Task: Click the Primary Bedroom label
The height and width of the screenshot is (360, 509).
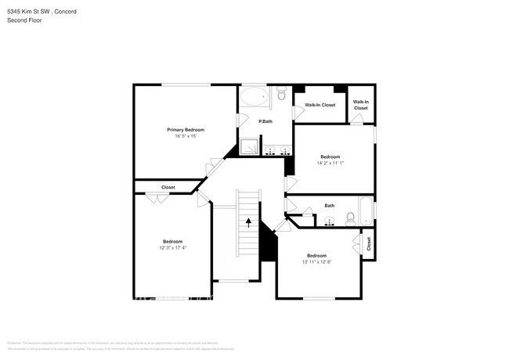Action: [186, 129]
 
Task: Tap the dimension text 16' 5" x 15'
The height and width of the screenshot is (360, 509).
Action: [186, 136]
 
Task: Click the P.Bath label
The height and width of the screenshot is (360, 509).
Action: [265, 121]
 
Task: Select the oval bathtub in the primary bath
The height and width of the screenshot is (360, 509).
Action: [253, 98]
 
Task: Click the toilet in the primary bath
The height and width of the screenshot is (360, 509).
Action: [283, 97]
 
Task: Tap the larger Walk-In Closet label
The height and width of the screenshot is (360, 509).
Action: [319, 105]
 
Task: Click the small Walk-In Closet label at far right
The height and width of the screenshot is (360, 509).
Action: [361, 105]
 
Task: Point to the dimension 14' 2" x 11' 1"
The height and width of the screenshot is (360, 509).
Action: [330, 163]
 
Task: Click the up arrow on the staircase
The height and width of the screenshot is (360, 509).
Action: [248, 222]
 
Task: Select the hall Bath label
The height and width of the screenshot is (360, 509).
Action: [329, 206]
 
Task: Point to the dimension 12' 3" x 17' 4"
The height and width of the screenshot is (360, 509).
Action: [172, 248]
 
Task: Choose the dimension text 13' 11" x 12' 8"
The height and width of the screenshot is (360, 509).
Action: [316, 262]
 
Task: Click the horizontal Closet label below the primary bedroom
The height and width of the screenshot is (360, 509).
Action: [168, 188]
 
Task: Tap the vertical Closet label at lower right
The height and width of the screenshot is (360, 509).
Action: [368, 244]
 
